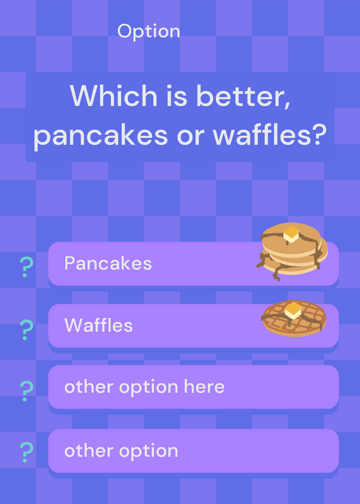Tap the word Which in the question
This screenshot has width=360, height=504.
pos(113,96)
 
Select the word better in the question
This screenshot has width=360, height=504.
pos(243,96)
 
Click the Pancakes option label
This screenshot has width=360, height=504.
pos(108,263)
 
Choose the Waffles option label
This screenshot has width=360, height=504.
pos(98,325)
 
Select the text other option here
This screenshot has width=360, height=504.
pos(144,387)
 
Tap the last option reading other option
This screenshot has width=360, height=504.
pos(121,451)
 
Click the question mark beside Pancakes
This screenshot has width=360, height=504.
pos(26,267)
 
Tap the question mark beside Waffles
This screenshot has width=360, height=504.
pos(26,330)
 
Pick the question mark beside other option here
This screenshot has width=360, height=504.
pos(26,391)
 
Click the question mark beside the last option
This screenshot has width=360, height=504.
pos(26,452)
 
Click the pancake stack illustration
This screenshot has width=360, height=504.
pos(292,251)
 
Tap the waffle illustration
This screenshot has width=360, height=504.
pos(293,318)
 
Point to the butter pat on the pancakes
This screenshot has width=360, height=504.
pos(291,234)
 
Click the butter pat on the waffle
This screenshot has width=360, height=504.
pos(293,311)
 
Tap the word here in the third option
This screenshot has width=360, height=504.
pos(204,386)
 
